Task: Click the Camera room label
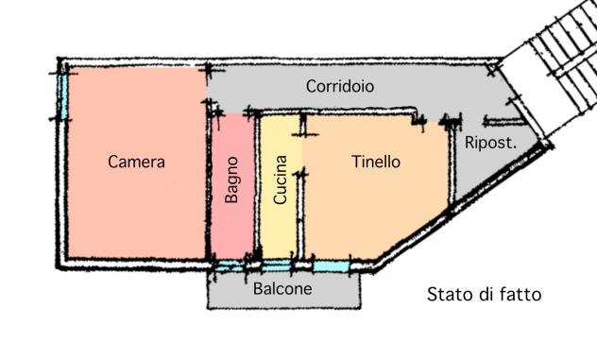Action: pyautogui.click(x=136, y=162)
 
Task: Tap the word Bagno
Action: pyautogui.click(x=231, y=180)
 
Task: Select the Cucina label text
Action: pyautogui.click(x=281, y=180)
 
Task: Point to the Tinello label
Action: pyautogui.click(x=376, y=162)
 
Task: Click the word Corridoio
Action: pyautogui.click(x=340, y=86)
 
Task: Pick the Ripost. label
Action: pyautogui.click(x=491, y=144)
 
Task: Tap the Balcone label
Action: pyautogui.click(x=282, y=289)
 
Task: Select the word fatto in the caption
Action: pyautogui.click(x=521, y=295)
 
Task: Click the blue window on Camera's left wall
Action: pyautogui.click(x=63, y=95)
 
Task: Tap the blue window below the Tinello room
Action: pyautogui.click(x=331, y=266)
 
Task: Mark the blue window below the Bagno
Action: pyautogui.click(x=230, y=266)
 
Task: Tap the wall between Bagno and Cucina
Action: pyautogui.click(x=257, y=187)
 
